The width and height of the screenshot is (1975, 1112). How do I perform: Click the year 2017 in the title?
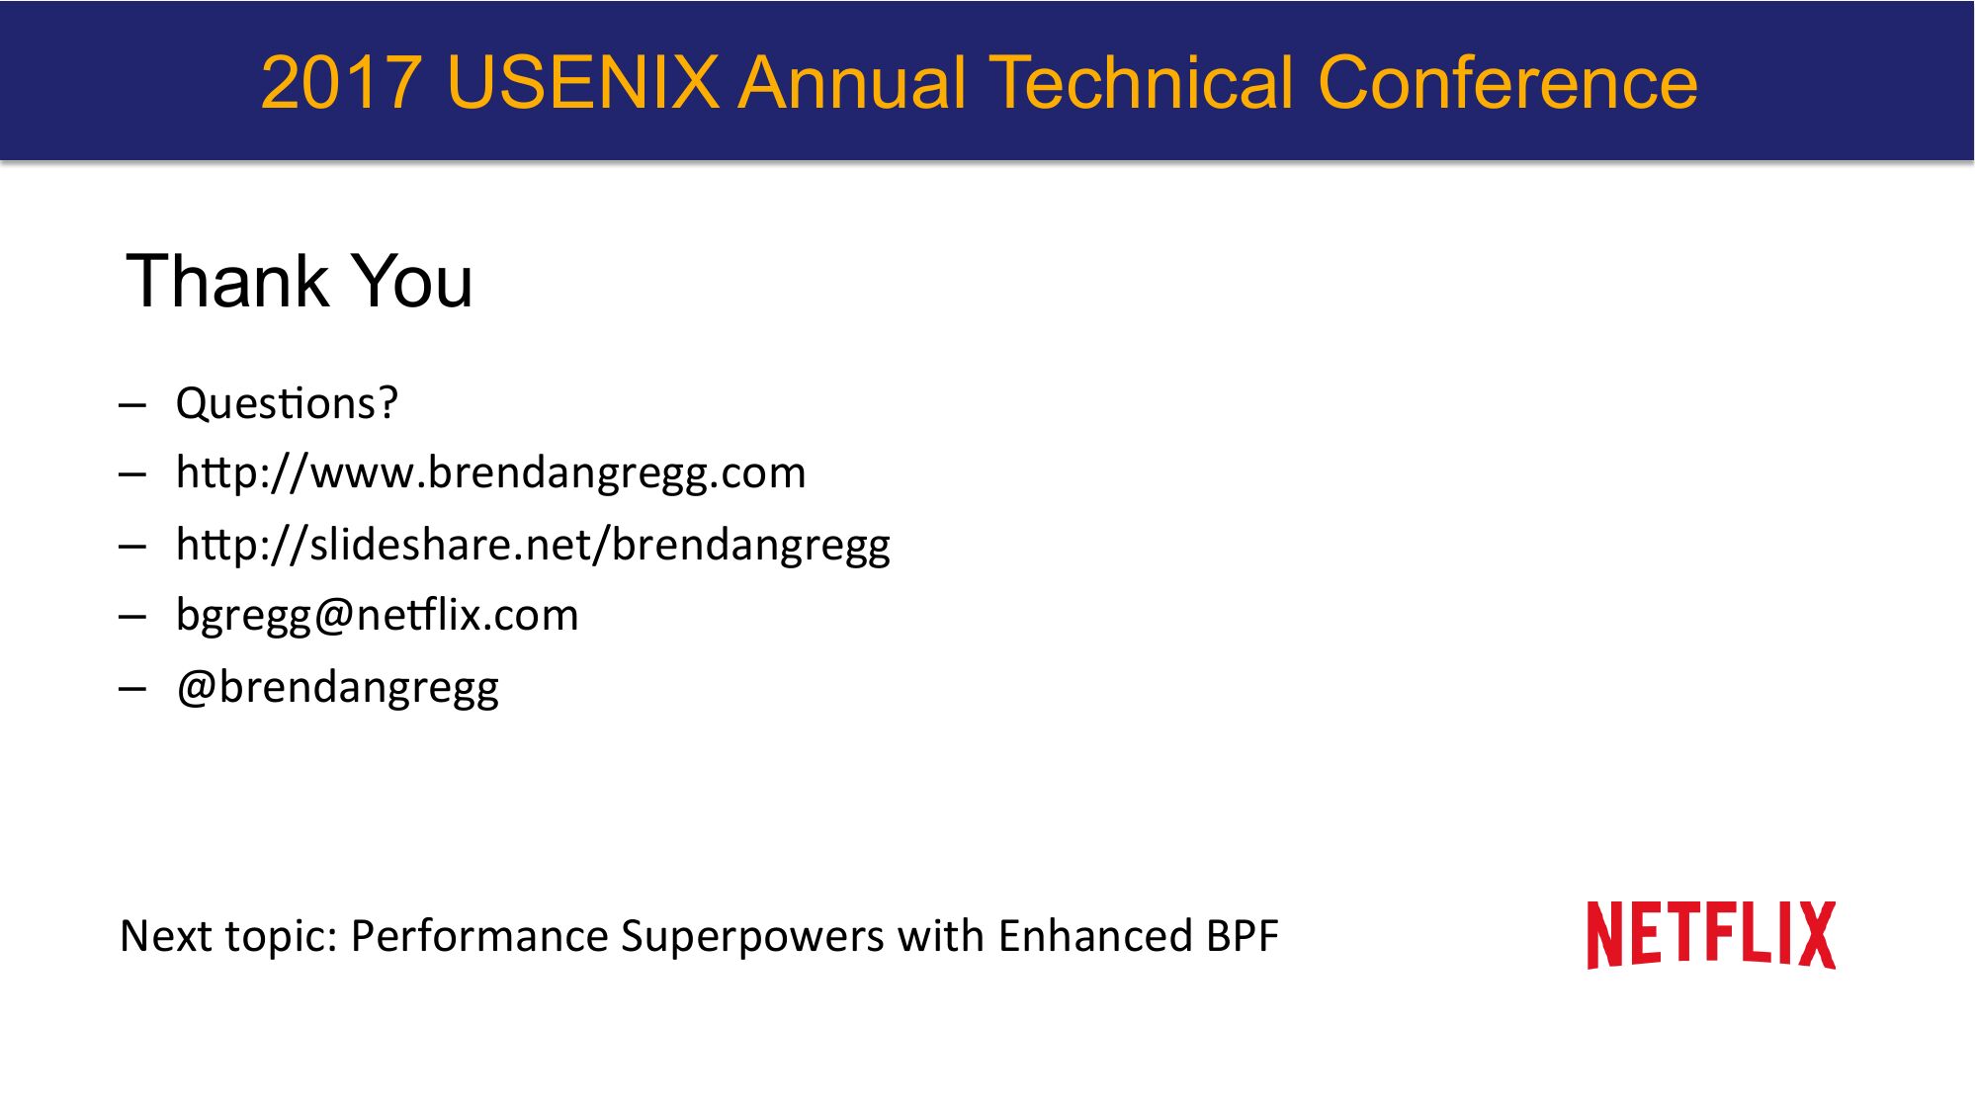click(342, 83)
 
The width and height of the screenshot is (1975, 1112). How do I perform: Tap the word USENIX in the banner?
click(583, 83)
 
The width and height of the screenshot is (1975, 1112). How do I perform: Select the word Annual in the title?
click(853, 83)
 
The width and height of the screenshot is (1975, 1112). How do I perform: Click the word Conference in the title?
click(1507, 83)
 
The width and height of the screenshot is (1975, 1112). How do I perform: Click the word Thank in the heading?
click(227, 282)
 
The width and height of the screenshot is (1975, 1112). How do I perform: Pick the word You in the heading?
click(413, 282)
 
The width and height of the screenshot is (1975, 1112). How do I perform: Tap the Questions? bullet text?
click(287, 403)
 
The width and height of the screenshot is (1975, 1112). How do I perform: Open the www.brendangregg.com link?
click(490, 472)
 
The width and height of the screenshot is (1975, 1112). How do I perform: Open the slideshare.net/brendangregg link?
click(533, 545)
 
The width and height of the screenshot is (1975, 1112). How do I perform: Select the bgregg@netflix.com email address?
click(377, 616)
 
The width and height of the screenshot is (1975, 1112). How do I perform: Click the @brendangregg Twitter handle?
click(337, 687)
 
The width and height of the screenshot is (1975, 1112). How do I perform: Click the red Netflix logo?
click(1711, 935)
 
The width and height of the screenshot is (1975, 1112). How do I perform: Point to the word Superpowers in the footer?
click(752, 936)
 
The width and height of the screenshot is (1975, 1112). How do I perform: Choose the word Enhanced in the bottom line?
click(1095, 936)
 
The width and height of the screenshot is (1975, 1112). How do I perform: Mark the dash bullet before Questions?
click(132, 405)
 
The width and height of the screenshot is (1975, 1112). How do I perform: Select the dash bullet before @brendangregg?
click(132, 688)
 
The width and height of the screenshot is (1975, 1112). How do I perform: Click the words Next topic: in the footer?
click(229, 936)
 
